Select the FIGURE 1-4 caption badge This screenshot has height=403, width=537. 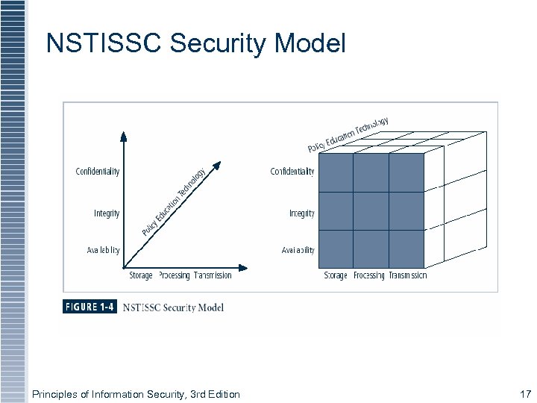coord(90,307)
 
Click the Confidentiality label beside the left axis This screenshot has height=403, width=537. coord(97,172)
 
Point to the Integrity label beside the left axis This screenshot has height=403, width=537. coord(107,213)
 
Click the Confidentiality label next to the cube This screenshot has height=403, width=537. coord(292,172)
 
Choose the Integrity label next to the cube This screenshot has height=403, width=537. coord(301,213)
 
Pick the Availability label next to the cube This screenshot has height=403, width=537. coord(298,251)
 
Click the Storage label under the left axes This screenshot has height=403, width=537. coord(141,275)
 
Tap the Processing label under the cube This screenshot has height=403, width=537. coord(368,275)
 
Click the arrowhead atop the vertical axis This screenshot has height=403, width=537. coord(124,136)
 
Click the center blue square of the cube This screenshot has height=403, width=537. coord(371,210)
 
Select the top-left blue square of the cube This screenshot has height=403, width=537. coord(335,173)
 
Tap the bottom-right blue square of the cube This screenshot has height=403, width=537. coord(406,248)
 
